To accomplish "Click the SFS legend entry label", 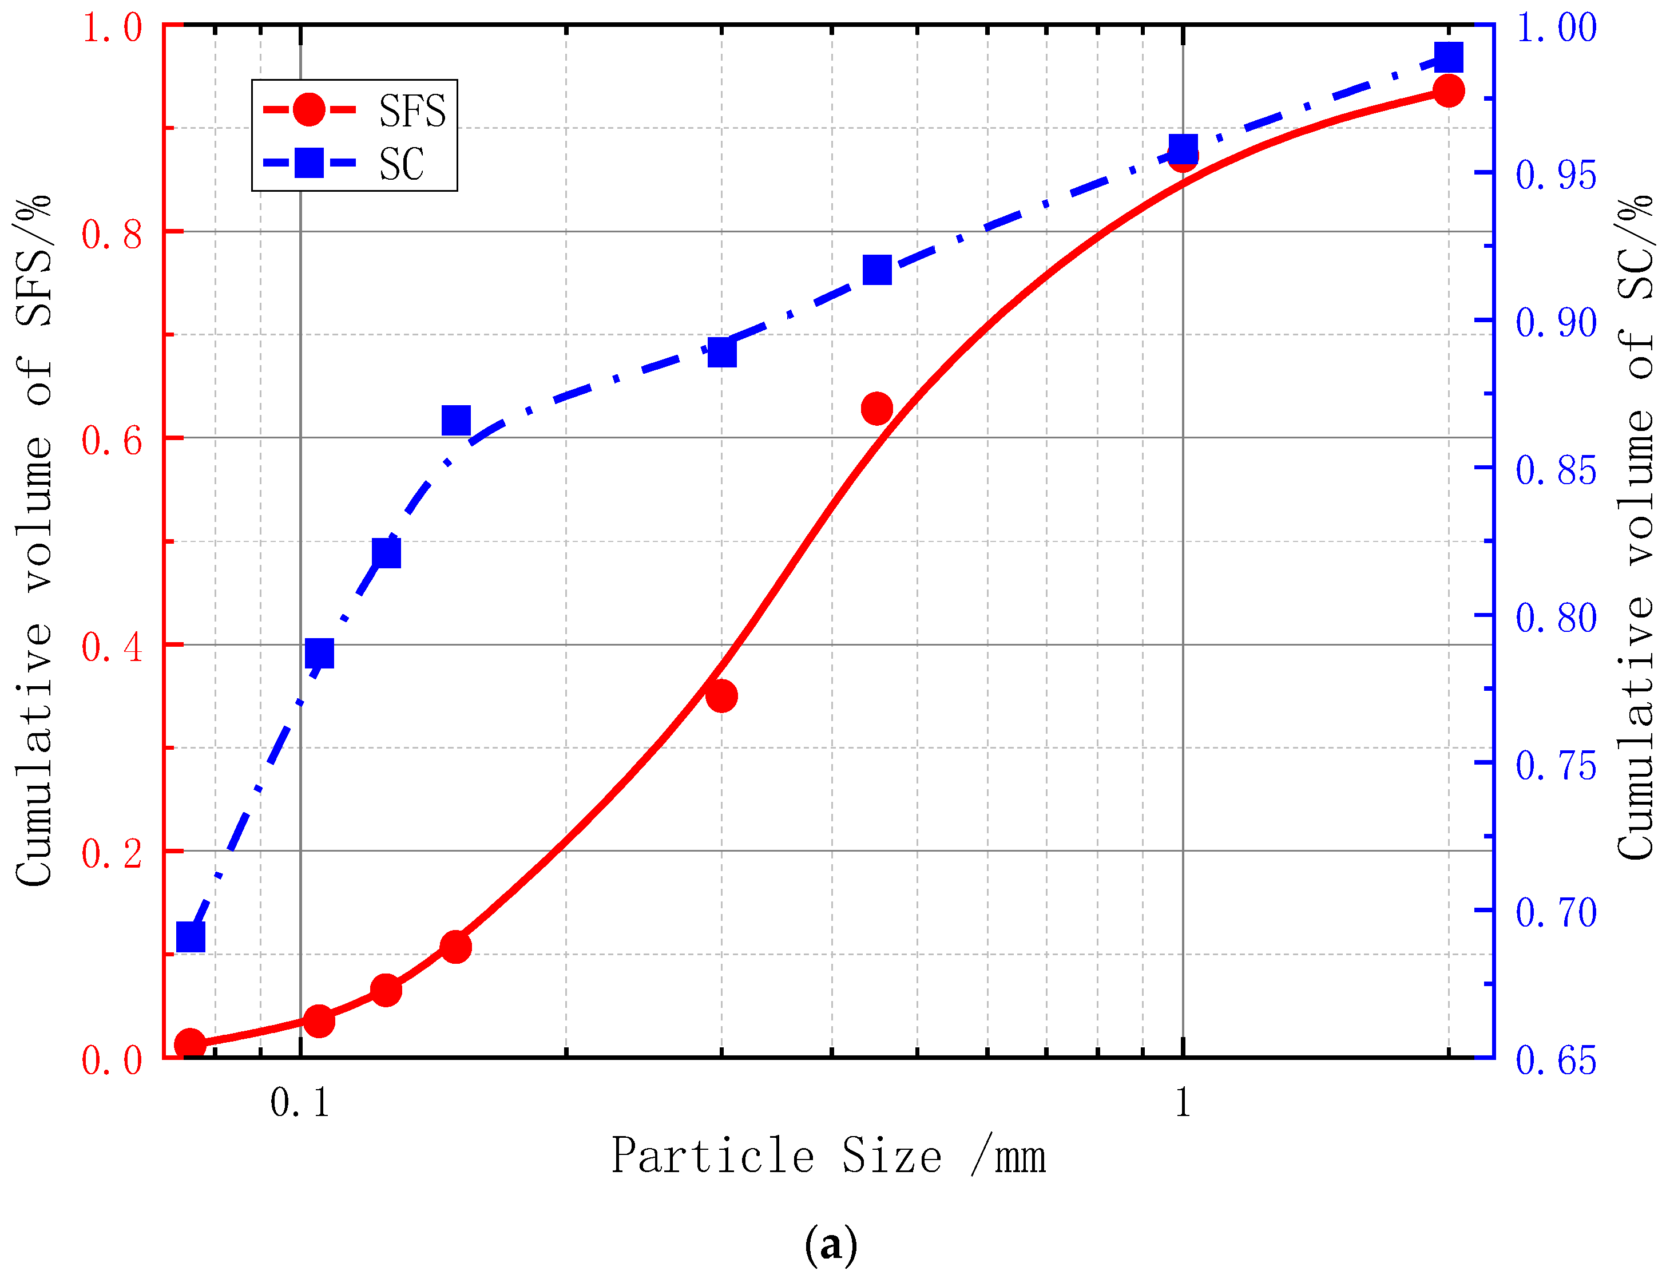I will click(412, 111).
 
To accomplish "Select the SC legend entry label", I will click(402, 164).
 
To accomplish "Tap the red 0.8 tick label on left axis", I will click(112, 234).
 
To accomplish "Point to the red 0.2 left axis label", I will click(112, 853).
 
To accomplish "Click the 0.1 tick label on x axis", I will click(300, 1102).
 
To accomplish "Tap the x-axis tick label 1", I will click(1182, 1102).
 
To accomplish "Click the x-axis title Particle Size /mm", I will click(829, 1156).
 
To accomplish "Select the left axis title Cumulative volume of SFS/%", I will click(34, 540).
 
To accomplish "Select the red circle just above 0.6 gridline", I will click(877, 409).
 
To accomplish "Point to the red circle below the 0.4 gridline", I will click(721, 695).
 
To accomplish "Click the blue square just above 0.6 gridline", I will click(455, 420).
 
